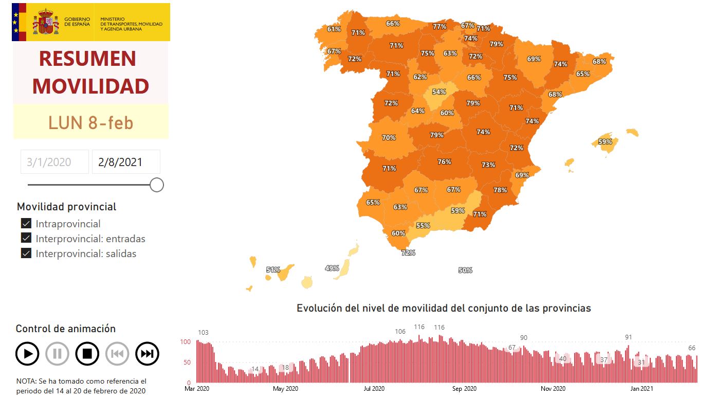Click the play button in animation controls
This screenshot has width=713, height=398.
tap(27, 354)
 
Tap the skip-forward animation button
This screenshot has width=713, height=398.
tap(147, 354)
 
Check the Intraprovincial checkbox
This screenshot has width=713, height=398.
tap(26, 224)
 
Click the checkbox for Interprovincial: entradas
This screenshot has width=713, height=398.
tap(26, 239)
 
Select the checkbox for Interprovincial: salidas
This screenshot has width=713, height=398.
tap(26, 254)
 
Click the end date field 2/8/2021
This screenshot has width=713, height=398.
tap(126, 162)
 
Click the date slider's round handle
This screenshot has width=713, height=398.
tap(157, 185)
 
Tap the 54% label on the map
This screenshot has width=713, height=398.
tap(438, 92)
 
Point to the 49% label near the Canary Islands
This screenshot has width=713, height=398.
tap(332, 268)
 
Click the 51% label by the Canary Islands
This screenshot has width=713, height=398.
tap(273, 270)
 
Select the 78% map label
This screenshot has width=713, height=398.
tap(500, 190)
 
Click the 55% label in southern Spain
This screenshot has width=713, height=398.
tap(423, 226)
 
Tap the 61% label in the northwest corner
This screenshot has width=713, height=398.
tap(334, 29)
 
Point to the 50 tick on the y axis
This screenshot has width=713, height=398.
tap(187, 363)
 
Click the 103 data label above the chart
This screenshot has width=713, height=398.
tap(204, 333)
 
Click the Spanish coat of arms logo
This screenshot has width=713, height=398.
tap(46, 22)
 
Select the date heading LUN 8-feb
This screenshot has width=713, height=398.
tap(90, 123)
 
